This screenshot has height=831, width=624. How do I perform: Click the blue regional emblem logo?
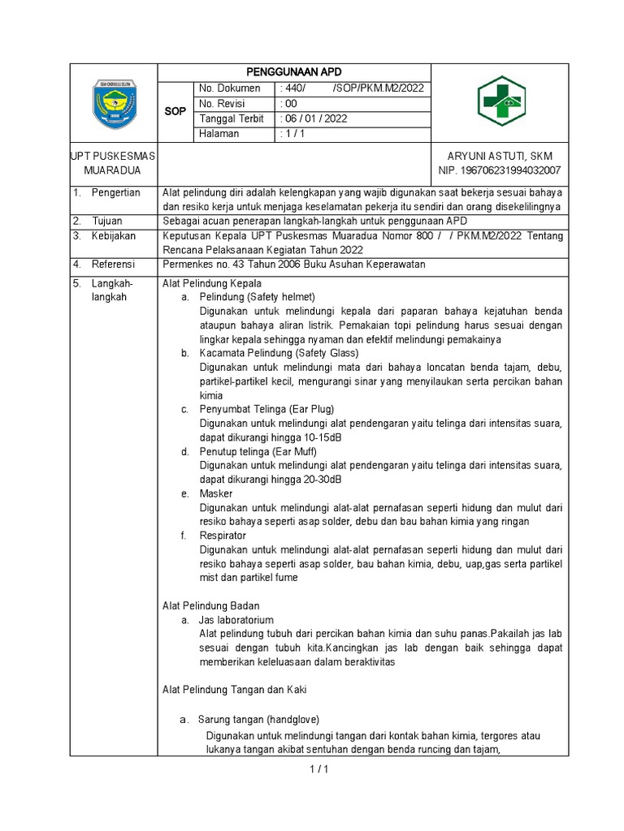coord(115,104)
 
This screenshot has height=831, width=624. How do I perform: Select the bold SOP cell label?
coord(175,111)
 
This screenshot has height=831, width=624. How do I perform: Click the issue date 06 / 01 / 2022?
coord(314,118)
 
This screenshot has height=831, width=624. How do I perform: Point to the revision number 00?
coord(288,104)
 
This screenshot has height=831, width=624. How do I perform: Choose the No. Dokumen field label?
coord(230,88)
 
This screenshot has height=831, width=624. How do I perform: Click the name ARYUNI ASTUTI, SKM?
coord(500,156)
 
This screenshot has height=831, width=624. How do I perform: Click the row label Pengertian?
coord(115,192)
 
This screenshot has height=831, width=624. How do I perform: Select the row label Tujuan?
coord(106,222)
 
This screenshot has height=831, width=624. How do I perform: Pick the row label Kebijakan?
coord(113,236)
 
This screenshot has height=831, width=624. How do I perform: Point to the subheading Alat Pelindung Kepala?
coord(212,283)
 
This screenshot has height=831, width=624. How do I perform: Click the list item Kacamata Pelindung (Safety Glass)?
coord(279,353)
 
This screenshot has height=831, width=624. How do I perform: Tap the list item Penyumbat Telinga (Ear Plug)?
coord(266,409)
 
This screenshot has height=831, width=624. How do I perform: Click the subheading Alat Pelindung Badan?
coord(212,605)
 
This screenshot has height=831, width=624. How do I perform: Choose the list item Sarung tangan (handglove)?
coord(259,719)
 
